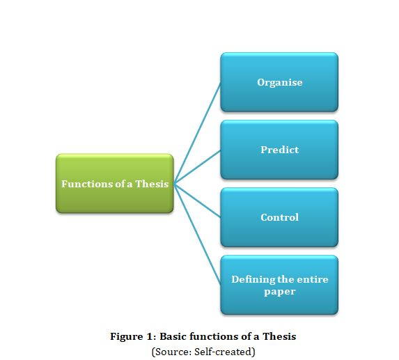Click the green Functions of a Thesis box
pos(115,183)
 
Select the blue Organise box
pos(279,82)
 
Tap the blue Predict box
pos(279,150)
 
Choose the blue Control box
pos(279,217)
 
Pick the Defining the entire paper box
pos(279,285)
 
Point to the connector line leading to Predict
pos(197,166)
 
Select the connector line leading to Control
pos(197,201)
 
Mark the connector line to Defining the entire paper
pos(197,234)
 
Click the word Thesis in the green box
pos(152,184)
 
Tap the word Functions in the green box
pos(87,184)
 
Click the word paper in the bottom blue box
pos(280,292)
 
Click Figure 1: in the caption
pos(133,336)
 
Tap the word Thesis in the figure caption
pos(279,336)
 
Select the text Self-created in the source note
pos(223,352)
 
